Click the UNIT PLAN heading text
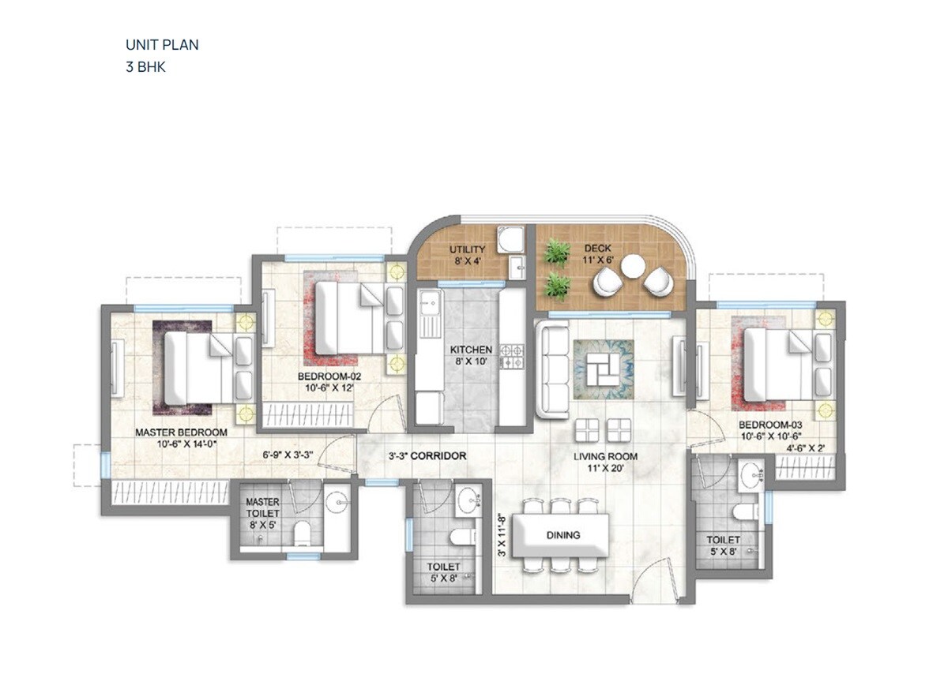pyautogui.click(x=162, y=45)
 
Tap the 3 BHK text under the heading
pyautogui.click(x=145, y=67)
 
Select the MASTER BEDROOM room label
pyautogui.click(x=181, y=432)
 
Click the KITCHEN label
pyautogui.click(x=471, y=350)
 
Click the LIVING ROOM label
pyautogui.click(x=606, y=456)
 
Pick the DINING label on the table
pyautogui.click(x=563, y=535)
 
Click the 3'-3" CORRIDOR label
pyautogui.click(x=427, y=456)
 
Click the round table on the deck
pyautogui.click(x=633, y=267)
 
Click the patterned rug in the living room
pyautogui.click(x=604, y=364)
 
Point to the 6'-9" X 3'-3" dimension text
pyautogui.click(x=288, y=455)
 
